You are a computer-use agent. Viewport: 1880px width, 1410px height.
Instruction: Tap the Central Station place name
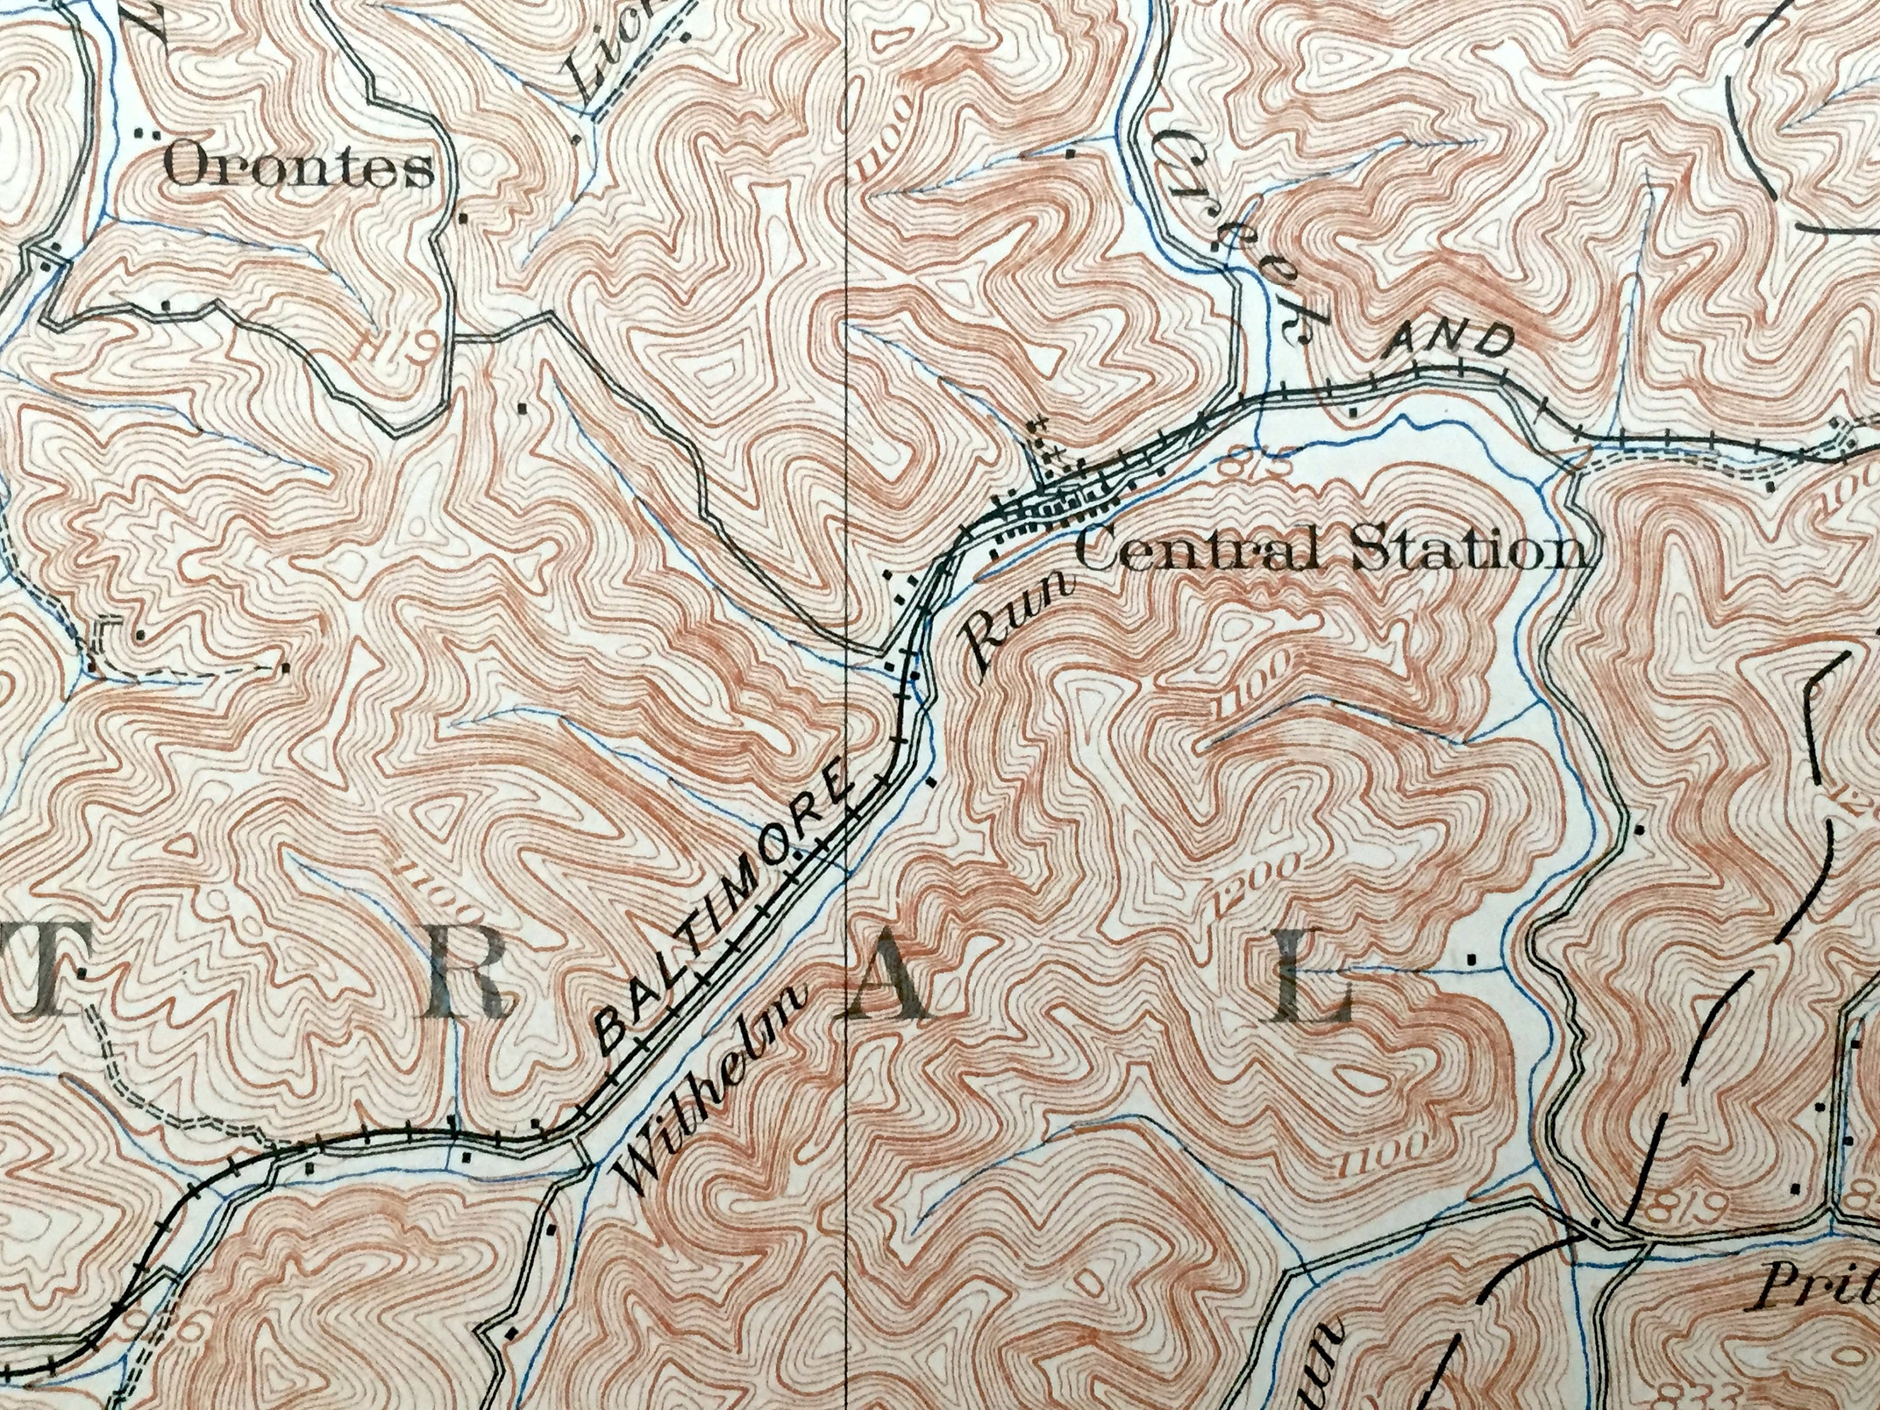point(1330,553)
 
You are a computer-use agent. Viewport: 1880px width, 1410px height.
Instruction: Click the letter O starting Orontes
point(189,170)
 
